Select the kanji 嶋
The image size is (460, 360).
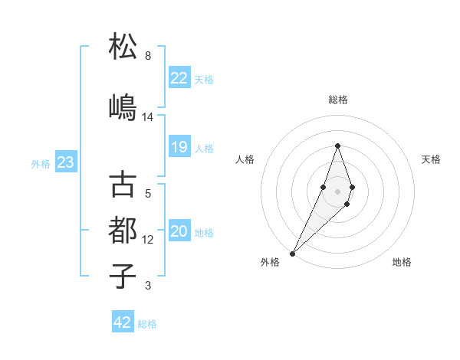click(x=123, y=107)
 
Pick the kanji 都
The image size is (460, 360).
click(x=123, y=231)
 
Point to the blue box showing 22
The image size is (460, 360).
click(x=179, y=78)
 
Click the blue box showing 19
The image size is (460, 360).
click(x=179, y=147)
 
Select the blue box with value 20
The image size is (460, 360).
click(x=179, y=232)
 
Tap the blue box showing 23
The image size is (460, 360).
click(x=65, y=162)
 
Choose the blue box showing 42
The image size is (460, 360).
click(x=123, y=322)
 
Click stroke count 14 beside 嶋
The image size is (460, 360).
click(x=148, y=117)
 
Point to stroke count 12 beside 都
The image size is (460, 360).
click(x=148, y=240)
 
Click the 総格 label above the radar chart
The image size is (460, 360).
click(x=337, y=100)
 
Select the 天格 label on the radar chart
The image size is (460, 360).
click(x=432, y=159)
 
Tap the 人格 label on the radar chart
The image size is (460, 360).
click(x=245, y=159)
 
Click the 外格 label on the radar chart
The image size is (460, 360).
click(x=269, y=262)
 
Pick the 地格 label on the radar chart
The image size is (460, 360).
click(x=402, y=262)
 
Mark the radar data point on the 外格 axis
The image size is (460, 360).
click(x=292, y=252)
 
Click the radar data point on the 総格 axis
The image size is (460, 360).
click(x=337, y=146)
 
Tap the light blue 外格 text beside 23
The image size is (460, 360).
click(x=40, y=163)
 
